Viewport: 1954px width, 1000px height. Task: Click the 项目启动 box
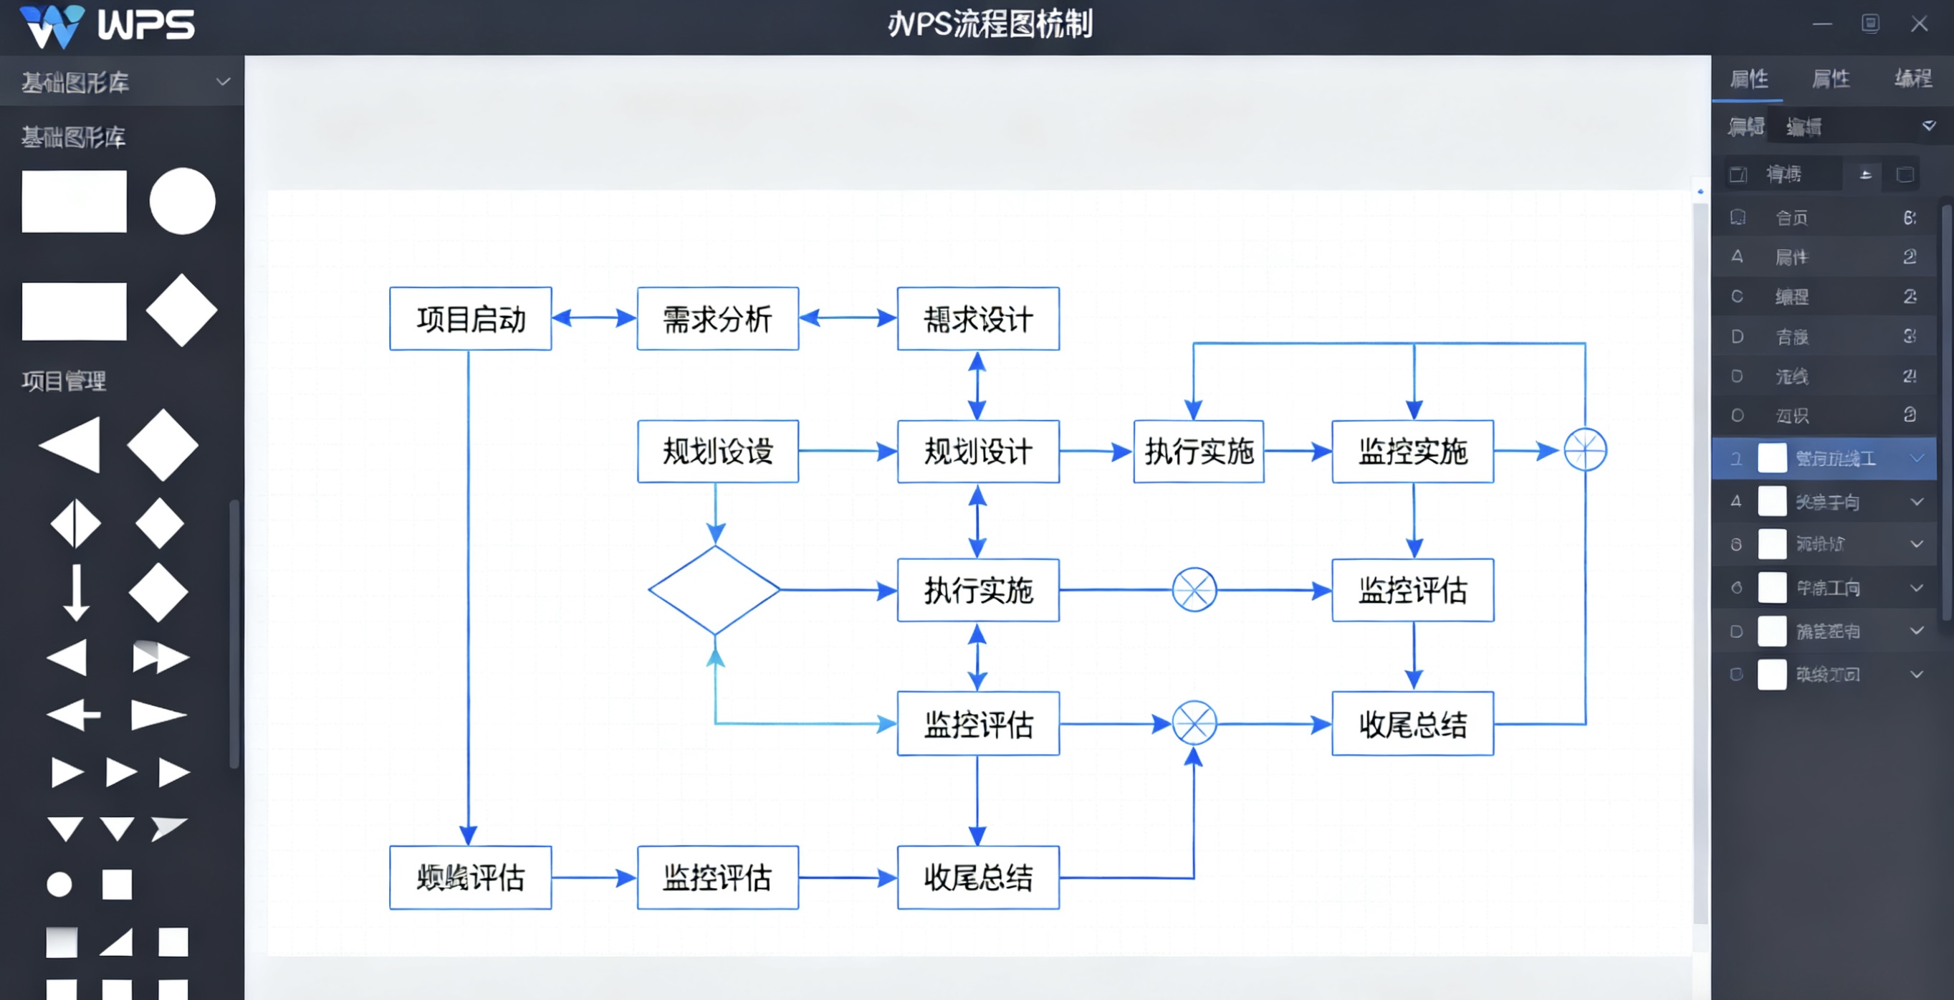click(470, 319)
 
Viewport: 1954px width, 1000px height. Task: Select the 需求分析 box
click(717, 319)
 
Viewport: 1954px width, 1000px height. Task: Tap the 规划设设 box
click(717, 452)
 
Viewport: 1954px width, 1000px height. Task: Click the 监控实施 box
click(1412, 452)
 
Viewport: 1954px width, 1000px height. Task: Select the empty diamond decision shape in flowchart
click(714, 589)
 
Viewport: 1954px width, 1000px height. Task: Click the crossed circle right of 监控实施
click(1584, 450)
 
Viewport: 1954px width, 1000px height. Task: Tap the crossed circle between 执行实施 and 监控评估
click(1194, 589)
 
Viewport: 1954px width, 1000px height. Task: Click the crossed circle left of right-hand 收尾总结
click(1194, 723)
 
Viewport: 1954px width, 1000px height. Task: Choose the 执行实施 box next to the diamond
click(978, 589)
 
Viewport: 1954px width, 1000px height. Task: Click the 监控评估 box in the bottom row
click(717, 878)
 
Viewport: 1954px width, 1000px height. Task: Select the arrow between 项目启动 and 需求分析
click(594, 318)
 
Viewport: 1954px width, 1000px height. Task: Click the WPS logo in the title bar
click(106, 26)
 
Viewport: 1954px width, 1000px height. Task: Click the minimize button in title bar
click(1822, 24)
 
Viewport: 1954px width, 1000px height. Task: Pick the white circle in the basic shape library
click(182, 201)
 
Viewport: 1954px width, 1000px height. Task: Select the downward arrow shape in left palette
click(75, 592)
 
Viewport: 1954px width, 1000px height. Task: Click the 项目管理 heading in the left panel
click(64, 381)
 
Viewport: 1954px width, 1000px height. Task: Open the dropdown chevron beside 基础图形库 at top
click(223, 81)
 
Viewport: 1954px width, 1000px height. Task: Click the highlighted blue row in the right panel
click(1824, 458)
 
